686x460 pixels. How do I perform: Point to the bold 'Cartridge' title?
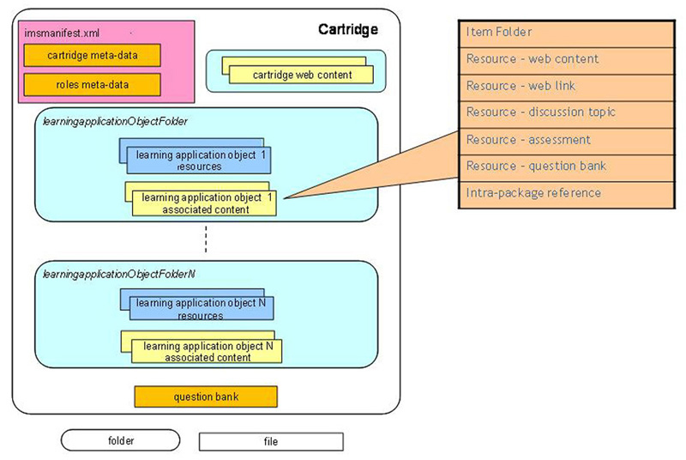[347, 31]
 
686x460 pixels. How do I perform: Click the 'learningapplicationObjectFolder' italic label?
[116, 122]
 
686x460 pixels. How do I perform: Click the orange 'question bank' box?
[206, 397]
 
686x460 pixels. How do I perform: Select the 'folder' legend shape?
[120, 440]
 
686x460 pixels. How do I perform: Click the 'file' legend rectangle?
[271, 441]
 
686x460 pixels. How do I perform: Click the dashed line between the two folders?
[207, 240]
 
